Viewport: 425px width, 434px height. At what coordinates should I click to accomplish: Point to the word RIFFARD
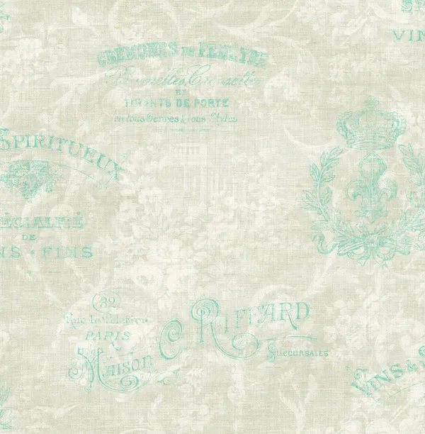click(262, 314)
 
